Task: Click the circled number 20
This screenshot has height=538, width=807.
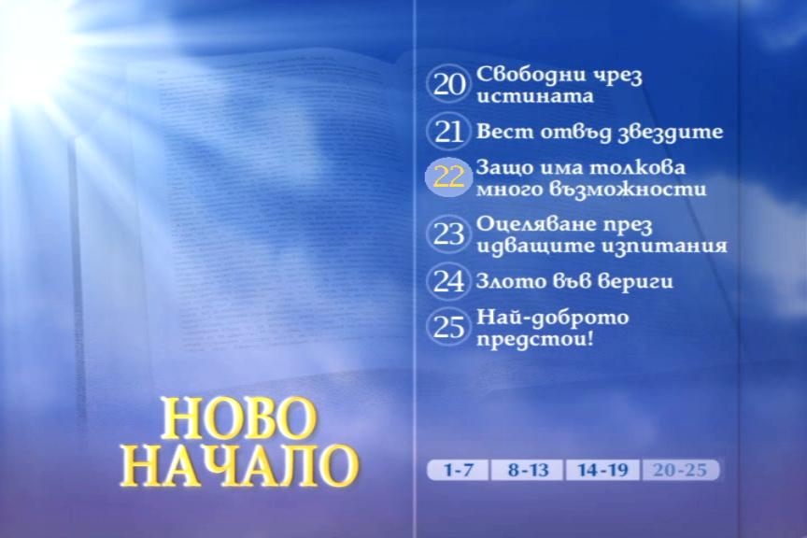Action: [448, 84]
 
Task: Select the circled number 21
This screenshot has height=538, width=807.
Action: [448, 132]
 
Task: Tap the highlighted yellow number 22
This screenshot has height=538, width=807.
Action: [448, 177]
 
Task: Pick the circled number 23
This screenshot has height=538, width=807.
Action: [448, 234]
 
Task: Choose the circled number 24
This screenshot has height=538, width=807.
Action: [448, 281]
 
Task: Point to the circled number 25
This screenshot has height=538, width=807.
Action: [448, 327]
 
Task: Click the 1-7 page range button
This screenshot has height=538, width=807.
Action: [458, 470]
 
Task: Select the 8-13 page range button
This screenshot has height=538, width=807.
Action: [528, 470]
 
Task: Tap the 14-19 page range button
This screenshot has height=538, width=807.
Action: [602, 470]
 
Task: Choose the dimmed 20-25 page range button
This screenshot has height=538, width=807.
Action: [680, 470]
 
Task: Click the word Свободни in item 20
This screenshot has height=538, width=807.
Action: [531, 75]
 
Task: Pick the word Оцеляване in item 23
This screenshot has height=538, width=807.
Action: [533, 225]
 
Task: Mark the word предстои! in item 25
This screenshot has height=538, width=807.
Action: [535, 340]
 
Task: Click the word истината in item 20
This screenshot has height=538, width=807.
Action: [535, 96]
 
